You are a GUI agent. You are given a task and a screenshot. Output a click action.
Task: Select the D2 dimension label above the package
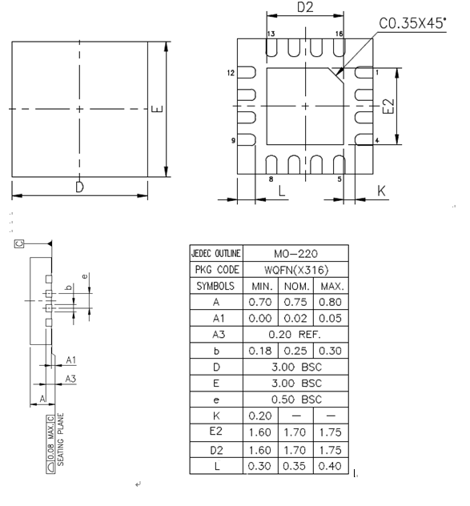305,8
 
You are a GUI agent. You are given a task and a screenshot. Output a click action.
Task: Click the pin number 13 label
271,34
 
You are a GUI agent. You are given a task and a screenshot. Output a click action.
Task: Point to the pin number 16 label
339,34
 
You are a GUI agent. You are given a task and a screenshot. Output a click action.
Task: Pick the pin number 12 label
231,73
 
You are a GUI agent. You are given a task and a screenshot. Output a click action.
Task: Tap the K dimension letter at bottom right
381,193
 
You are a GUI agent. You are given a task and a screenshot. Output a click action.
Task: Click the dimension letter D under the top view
79,187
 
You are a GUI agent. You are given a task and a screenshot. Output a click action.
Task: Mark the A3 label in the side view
70,378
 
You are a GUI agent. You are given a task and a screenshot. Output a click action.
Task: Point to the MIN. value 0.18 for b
260,351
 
